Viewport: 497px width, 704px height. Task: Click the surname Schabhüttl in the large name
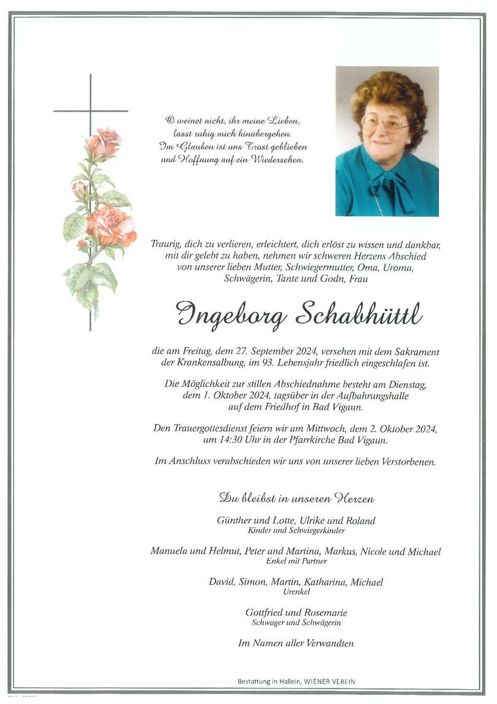click(358, 315)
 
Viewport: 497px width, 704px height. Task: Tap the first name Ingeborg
click(230, 316)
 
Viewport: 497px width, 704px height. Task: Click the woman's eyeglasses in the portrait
click(384, 124)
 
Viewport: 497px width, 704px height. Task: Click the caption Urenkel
click(295, 592)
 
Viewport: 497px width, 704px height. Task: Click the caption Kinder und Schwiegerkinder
click(296, 531)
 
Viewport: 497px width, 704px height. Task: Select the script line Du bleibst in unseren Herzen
click(296, 498)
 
